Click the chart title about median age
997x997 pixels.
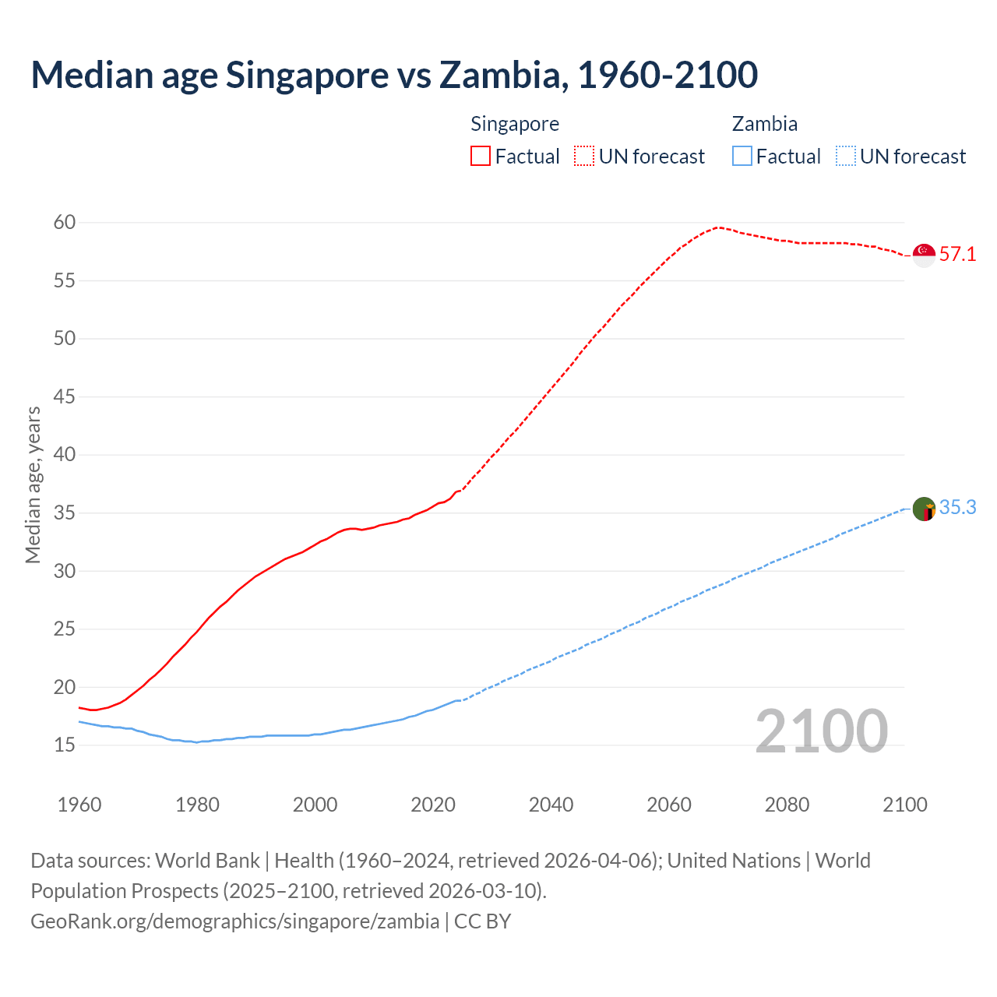[394, 75]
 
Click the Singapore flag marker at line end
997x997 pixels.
[924, 255]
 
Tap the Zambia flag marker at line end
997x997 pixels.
[924, 509]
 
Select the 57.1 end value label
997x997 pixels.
[957, 255]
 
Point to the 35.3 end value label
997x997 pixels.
[957, 508]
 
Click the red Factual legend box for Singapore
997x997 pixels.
[481, 157]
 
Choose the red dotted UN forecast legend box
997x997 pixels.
[584, 157]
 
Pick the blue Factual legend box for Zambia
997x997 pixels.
[742, 157]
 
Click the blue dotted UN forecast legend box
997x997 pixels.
[846, 157]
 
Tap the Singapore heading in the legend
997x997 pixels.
[515, 124]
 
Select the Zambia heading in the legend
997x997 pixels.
[764, 124]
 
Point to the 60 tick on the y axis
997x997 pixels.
[65, 223]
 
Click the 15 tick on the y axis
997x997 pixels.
[65, 745]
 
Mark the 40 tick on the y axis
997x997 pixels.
[65, 455]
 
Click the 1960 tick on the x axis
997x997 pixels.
[79, 805]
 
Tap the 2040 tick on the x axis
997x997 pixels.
[551, 805]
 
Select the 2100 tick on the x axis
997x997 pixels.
[905, 805]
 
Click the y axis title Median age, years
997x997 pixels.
[33, 484]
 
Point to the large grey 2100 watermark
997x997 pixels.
[822, 731]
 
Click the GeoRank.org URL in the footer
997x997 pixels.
[234, 921]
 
